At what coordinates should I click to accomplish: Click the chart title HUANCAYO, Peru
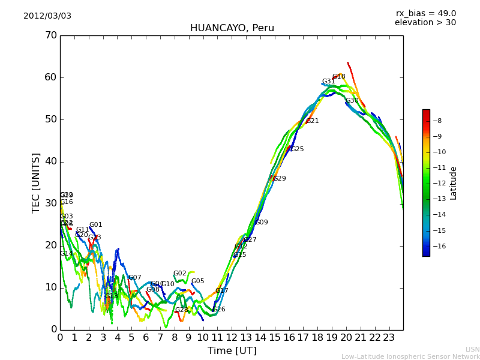tap(232, 28)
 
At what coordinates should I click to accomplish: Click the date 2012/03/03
tap(47, 16)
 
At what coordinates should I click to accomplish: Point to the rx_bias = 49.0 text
tap(425, 13)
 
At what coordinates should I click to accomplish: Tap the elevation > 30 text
tap(425, 23)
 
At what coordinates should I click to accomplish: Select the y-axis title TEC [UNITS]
tap(36, 182)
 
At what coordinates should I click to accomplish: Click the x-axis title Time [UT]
tap(232, 350)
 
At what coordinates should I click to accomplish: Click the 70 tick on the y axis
tap(50, 35)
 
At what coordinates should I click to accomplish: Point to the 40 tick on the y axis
tap(50, 161)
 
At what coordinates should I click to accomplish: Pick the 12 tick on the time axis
tap(232, 338)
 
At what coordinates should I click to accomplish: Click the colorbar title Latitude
tap(454, 183)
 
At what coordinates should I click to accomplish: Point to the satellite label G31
tap(328, 82)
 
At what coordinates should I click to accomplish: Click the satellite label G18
tap(338, 77)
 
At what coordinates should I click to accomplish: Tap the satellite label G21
tap(312, 121)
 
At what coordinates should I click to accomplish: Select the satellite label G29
tap(279, 179)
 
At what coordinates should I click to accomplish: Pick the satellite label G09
tap(261, 223)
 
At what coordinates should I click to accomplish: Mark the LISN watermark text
tap(472, 349)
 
